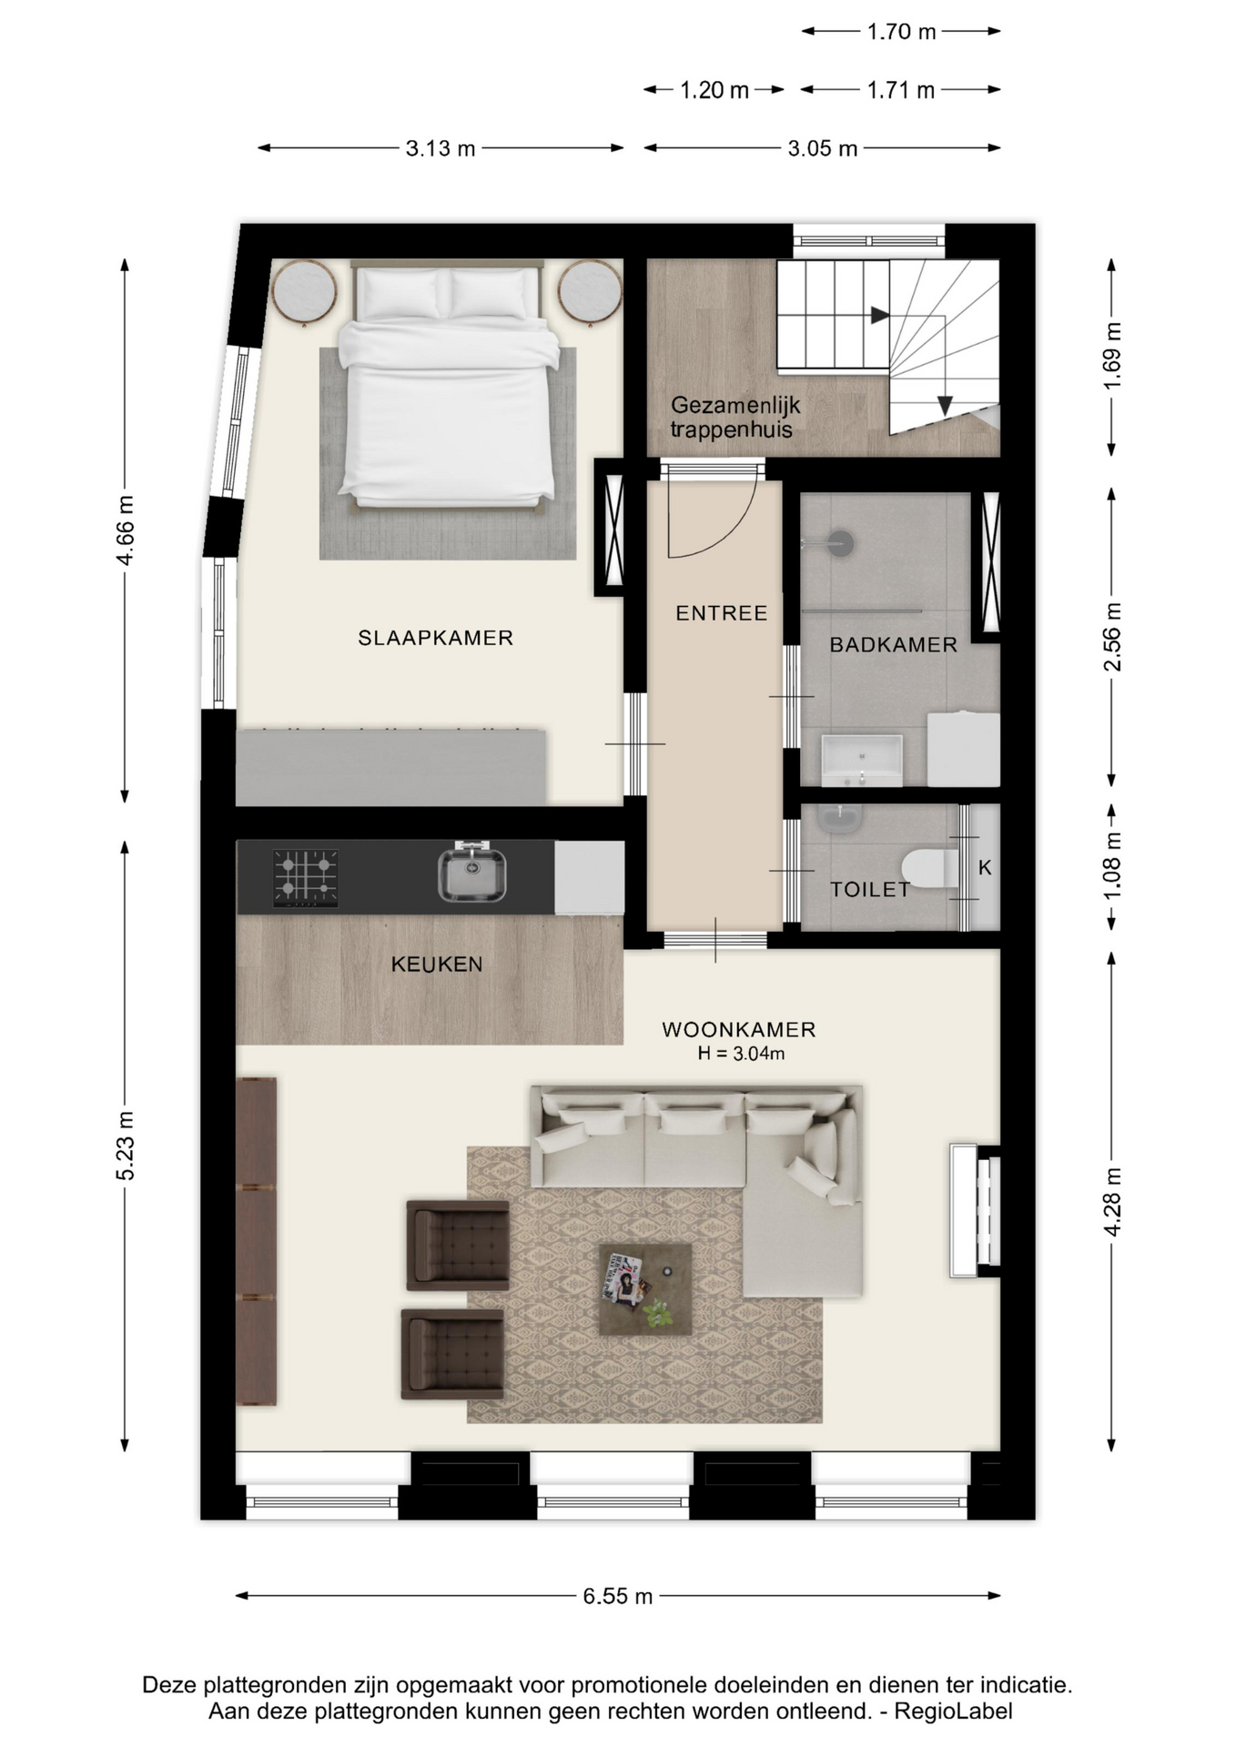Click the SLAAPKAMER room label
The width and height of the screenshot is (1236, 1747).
click(x=435, y=638)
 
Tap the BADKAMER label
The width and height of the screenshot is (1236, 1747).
click(x=894, y=645)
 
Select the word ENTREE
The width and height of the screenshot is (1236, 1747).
click(x=722, y=613)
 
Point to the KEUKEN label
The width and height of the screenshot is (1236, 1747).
click(x=437, y=964)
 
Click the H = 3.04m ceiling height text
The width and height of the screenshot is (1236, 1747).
click(x=741, y=1054)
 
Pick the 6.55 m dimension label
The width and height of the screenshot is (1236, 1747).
click(x=618, y=1596)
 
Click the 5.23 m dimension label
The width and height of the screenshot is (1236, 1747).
click(x=125, y=1146)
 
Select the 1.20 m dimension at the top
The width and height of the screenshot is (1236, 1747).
click(x=714, y=90)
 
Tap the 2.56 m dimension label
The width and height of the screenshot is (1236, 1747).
click(x=1112, y=637)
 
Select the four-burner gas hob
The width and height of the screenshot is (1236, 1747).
click(x=306, y=877)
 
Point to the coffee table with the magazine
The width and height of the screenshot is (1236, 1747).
click(x=645, y=1289)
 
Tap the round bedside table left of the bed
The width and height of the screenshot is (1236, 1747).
click(x=304, y=292)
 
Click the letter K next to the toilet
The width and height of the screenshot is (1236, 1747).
click(x=985, y=868)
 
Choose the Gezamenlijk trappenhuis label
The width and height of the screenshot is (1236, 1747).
click(x=735, y=418)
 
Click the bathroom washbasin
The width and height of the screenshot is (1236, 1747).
click(x=861, y=761)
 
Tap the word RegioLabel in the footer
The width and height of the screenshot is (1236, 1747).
click(x=953, y=1712)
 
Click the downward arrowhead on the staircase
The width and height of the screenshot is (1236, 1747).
click(x=945, y=405)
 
